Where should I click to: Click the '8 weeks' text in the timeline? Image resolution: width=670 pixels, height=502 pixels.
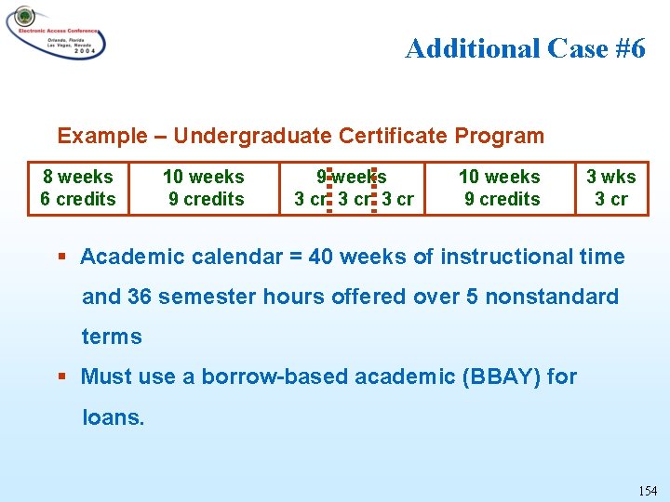78,177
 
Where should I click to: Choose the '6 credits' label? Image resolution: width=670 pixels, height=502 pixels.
78,199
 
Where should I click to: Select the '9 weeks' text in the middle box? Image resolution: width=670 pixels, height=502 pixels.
352,177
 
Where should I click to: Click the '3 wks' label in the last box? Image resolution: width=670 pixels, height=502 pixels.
611,177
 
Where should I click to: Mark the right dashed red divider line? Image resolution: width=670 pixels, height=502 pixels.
374,189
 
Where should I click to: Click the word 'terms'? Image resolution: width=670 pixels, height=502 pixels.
112,337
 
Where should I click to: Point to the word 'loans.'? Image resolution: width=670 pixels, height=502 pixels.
114,417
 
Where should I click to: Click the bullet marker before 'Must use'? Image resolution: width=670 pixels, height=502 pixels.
62,377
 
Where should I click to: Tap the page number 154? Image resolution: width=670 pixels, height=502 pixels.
648,490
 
